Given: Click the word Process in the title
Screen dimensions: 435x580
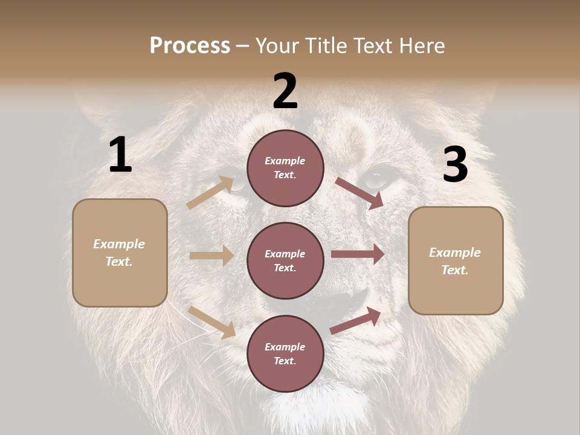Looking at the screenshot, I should [190, 46].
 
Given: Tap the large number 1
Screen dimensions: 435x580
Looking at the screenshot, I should [120, 155].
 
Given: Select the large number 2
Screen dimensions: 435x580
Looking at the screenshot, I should [285, 91].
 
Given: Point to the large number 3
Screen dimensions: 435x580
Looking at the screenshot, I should [455, 164].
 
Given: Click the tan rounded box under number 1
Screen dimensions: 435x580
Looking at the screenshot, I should [120, 253].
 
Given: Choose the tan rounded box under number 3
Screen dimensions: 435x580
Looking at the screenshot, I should [456, 260].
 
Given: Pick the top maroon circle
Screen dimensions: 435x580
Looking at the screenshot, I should [285, 168].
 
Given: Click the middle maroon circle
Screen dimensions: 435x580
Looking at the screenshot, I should [285, 260].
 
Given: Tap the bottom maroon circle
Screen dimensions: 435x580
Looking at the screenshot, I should [285, 353].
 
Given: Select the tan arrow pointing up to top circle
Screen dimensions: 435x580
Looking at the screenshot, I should [210, 193].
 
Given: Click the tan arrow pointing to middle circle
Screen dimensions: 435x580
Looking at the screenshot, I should [211, 256].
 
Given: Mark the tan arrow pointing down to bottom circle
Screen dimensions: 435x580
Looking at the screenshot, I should [211, 322].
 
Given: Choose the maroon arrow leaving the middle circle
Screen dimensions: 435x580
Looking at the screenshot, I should [358, 254].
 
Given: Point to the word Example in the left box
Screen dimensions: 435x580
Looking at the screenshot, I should [119, 244].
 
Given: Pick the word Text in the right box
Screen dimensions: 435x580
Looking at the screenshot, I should [455, 270].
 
